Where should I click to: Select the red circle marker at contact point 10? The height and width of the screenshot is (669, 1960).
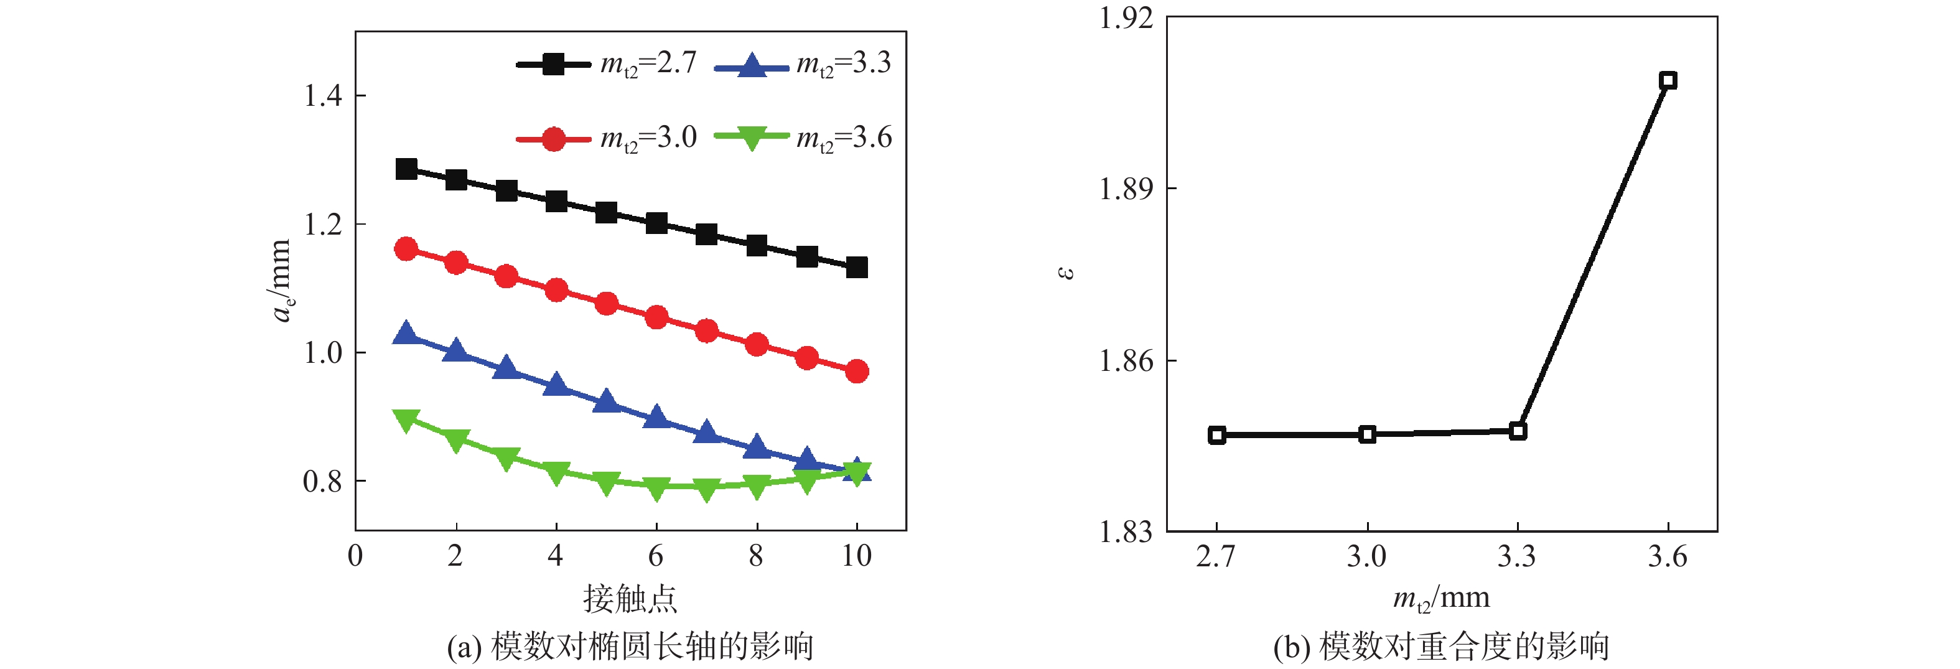857,372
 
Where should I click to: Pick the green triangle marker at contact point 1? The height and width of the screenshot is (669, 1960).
406,419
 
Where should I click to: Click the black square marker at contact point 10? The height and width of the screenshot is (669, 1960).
857,267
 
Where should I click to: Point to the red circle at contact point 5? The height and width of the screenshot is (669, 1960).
607,304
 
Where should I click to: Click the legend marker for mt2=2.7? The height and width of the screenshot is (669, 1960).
553,64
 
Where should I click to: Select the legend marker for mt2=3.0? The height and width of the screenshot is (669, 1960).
553,139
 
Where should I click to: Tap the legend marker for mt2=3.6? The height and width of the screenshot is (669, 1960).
751,138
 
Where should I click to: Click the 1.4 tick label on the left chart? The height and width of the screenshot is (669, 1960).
322,96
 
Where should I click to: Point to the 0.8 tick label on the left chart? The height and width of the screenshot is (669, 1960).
322,482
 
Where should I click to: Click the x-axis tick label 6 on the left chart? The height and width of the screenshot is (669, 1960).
656,556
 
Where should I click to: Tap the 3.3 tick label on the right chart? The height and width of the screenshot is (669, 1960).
1517,557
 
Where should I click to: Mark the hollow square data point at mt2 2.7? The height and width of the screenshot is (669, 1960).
1216,436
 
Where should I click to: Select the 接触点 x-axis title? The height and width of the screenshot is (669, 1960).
630,599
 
